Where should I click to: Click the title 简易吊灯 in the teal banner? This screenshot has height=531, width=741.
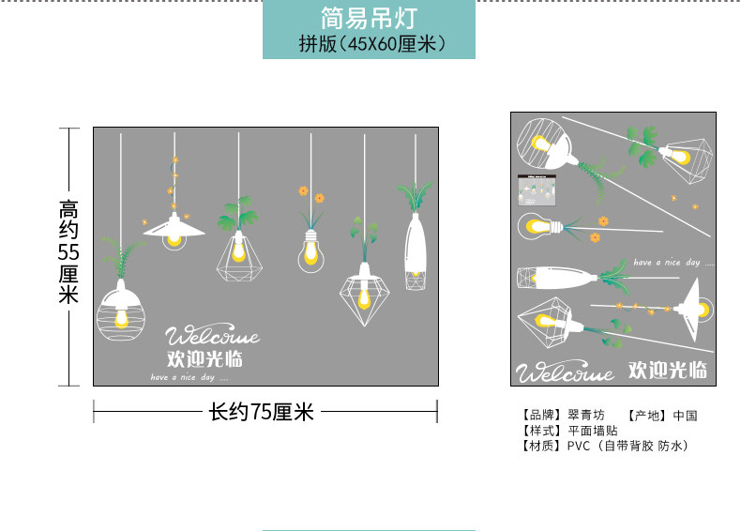click(368, 17)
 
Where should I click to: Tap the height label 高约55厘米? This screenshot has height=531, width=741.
click(68, 251)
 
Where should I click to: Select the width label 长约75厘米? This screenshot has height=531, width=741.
click(261, 412)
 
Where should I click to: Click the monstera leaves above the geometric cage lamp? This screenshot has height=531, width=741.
click(235, 215)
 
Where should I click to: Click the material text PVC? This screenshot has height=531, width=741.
click(578, 446)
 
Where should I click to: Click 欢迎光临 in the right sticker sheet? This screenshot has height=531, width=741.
click(667, 370)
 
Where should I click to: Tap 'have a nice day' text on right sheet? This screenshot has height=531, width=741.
click(666, 263)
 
